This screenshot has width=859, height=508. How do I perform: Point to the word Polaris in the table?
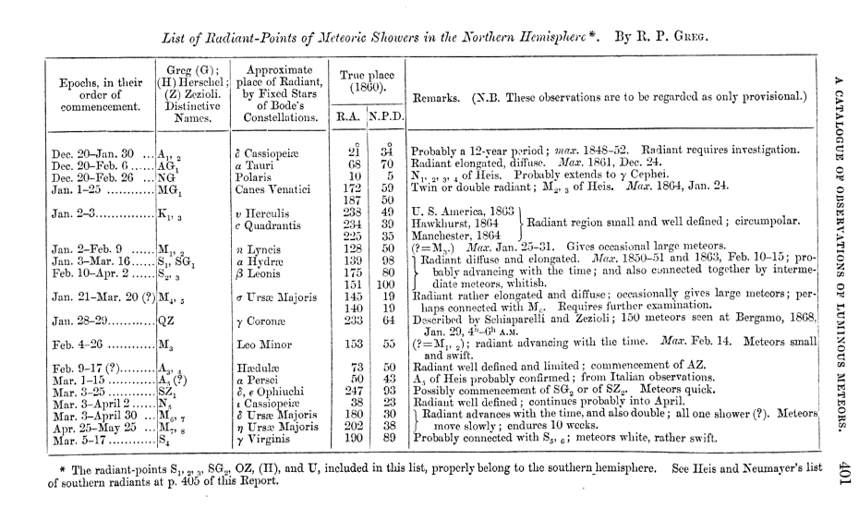pyautogui.click(x=256, y=175)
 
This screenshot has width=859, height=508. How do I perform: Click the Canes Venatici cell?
pyautogui.click(x=269, y=187)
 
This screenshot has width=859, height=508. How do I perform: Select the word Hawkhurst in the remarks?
pyautogui.click(x=442, y=223)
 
